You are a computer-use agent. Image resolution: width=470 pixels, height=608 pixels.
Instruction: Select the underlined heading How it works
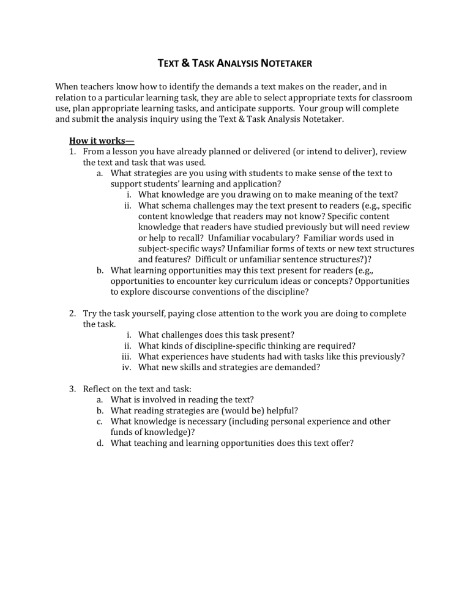pyautogui.click(x=102, y=140)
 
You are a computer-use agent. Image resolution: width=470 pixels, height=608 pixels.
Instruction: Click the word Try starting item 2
pyautogui.click(x=91, y=313)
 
